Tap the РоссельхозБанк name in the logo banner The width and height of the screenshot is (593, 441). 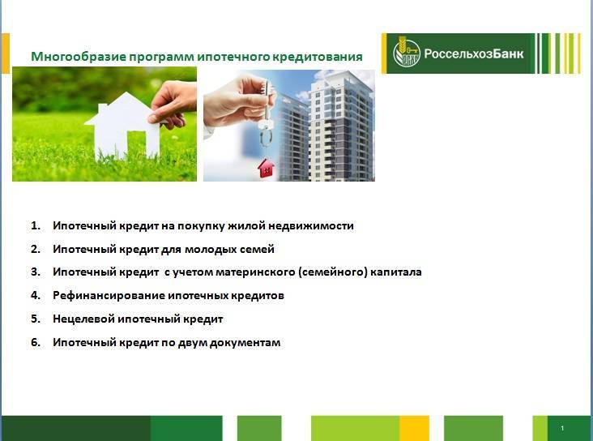(x=473, y=54)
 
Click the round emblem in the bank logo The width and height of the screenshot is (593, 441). (x=406, y=53)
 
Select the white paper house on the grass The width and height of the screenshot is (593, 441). (x=122, y=126)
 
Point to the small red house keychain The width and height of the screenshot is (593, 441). (x=266, y=168)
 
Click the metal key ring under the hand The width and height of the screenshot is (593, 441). (x=267, y=138)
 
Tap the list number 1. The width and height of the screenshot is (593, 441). (x=36, y=225)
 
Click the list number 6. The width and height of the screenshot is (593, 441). (x=36, y=343)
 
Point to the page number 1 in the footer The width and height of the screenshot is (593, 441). (x=562, y=428)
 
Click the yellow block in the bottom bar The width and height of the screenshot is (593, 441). (x=414, y=428)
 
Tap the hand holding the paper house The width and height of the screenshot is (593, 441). (x=173, y=104)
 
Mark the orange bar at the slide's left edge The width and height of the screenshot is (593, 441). (x=6, y=54)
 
